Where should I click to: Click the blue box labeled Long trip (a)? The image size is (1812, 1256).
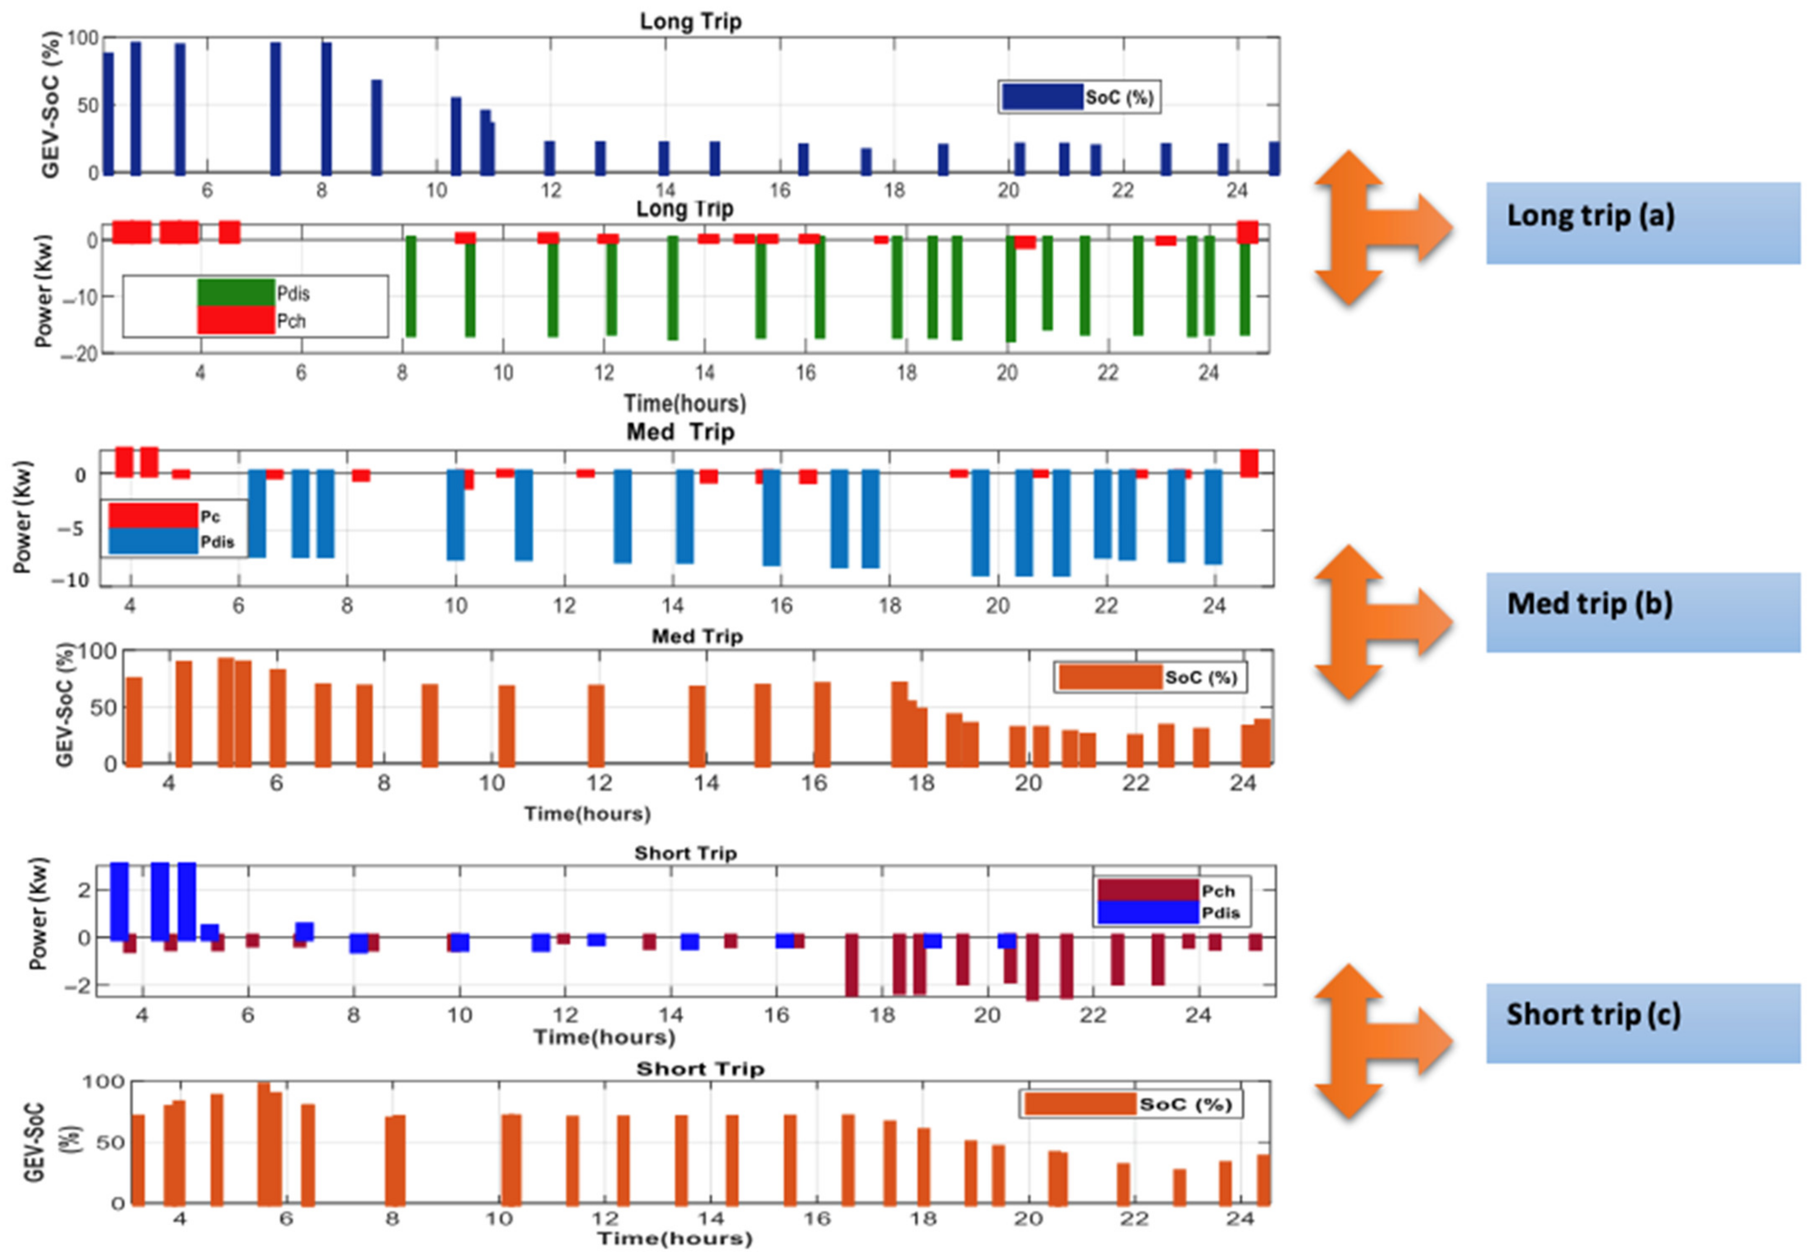point(1642,223)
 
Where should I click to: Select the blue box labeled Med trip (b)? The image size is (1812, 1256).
point(1642,612)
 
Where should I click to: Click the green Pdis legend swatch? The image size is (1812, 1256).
point(236,293)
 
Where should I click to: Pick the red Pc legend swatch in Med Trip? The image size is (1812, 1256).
point(153,515)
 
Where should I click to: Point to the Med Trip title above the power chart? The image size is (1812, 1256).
point(680,432)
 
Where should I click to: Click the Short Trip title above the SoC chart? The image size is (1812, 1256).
point(700,1069)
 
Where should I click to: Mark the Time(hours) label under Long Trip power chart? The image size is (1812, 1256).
point(684,404)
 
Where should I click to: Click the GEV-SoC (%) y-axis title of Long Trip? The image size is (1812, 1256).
point(50,105)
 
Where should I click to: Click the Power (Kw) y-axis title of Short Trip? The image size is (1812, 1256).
point(38,914)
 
